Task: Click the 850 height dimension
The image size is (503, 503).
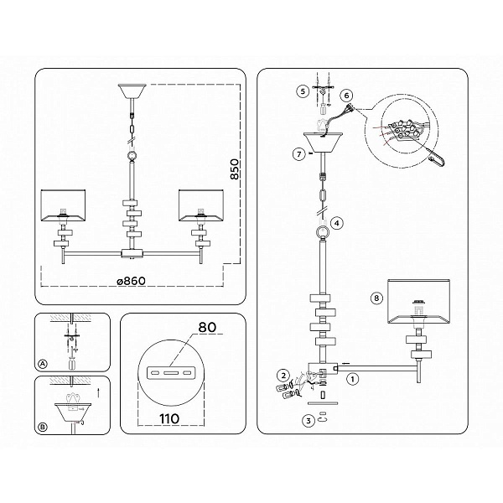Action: click(x=235, y=169)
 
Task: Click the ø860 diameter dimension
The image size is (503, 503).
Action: click(x=132, y=281)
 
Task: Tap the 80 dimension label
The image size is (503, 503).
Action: click(x=207, y=327)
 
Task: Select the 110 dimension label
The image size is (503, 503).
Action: click(x=169, y=418)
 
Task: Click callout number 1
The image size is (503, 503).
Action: click(x=353, y=379)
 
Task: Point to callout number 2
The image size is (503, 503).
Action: click(x=283, y=375)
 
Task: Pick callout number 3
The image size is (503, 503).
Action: click(x=309, y=421)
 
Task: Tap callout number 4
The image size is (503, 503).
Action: click(x=336, y=223)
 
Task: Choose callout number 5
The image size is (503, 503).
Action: click(x=303, y=91)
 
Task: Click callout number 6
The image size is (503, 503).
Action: click(x=346, y=96)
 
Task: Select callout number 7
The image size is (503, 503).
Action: click(x=299, y=154)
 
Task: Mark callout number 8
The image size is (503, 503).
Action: click(x=376, y=298)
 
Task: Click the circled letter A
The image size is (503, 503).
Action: click(x=43, y=364)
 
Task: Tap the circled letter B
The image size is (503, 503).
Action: click(x=43, y=427)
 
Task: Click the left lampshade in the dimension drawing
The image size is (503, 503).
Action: click(x=64, y=205)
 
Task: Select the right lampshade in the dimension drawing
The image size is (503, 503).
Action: click(x=201, y=205)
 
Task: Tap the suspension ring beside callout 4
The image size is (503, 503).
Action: click(x=322, y=232)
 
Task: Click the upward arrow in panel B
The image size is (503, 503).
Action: click(x=98, y=392)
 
